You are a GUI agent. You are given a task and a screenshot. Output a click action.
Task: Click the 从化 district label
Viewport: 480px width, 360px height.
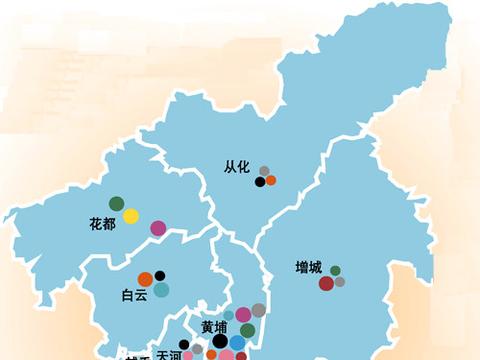237,169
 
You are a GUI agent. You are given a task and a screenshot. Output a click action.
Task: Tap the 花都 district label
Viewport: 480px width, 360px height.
102,224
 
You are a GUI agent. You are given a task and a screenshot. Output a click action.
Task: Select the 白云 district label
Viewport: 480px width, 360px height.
133,295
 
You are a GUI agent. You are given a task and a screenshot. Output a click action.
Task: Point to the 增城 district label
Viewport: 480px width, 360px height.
308,268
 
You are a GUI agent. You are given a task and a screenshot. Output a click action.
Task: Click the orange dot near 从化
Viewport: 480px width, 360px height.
270,181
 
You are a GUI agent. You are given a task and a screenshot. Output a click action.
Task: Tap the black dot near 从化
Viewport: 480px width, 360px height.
260,182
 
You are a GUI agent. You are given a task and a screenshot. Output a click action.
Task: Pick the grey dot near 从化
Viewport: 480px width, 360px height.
264,171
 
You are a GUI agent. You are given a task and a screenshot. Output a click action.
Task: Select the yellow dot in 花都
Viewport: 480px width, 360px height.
131,216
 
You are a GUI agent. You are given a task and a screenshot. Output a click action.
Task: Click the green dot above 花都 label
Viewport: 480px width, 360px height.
117,204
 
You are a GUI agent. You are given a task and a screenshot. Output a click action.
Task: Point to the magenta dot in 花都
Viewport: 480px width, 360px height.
157,228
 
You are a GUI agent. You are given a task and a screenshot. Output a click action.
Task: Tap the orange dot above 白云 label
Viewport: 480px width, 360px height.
145,278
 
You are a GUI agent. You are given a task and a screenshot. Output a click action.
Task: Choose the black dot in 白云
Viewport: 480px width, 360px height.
160,276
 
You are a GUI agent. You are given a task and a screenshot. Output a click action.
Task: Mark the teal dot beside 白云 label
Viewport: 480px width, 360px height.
161,290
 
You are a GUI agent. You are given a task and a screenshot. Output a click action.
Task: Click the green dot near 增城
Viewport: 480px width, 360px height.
335,270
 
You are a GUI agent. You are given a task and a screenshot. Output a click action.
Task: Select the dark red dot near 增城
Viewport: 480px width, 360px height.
326,284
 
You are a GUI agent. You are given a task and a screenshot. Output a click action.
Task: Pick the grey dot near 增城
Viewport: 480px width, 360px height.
340,282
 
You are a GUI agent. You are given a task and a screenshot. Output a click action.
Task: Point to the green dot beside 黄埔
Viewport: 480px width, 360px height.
247,331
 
